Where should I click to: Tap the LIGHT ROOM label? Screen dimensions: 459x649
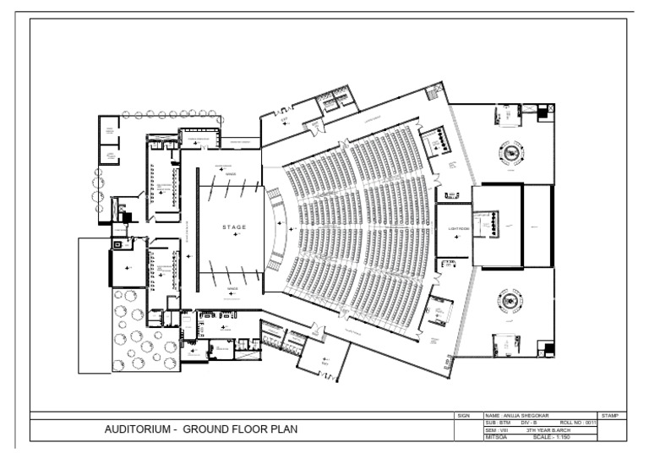click(x=452, y=229)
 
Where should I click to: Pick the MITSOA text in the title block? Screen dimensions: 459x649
click(x=495, y=437)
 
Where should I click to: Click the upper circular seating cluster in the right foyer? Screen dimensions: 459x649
click(x=511, y=155)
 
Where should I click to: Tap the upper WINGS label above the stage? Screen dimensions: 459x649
click(x=231, y=175)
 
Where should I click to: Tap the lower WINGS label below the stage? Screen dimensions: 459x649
click(x=231, y=288)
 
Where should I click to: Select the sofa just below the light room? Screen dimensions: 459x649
click(x=448, y=267)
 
